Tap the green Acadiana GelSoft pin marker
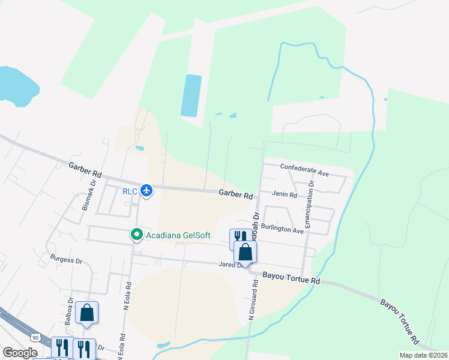coord(137,234)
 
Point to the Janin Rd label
coord(285,195)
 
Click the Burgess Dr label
coord(67,260)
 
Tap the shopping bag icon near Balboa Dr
coord(87,313)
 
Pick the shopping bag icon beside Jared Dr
coord(245,251)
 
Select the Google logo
coord(19,353)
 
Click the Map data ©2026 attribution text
coord(423,355)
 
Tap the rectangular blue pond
coord(191,95)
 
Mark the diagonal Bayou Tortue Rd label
coord(399,319)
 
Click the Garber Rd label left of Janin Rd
coord(235,194)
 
